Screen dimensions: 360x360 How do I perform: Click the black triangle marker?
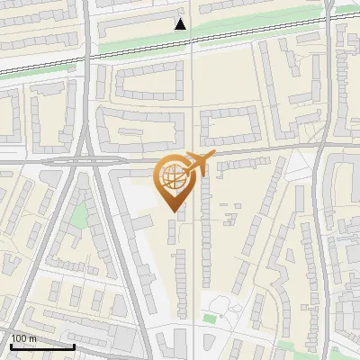click(181, 24)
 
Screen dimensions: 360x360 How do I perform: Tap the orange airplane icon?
click(195, 165)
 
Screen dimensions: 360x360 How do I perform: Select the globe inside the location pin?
click(171, 179)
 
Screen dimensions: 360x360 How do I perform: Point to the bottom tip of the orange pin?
click(173, 211)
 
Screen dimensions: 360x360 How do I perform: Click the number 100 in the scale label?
click(20, 337)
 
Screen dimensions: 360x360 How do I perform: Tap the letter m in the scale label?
click(33, 337)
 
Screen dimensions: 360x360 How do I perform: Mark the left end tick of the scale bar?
click(11, 345)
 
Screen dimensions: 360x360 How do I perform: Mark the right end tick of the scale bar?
click(74, 345)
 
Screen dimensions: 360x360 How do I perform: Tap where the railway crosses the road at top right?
click(328, 21)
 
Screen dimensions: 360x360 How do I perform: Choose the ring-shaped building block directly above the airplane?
click(229, 124)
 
